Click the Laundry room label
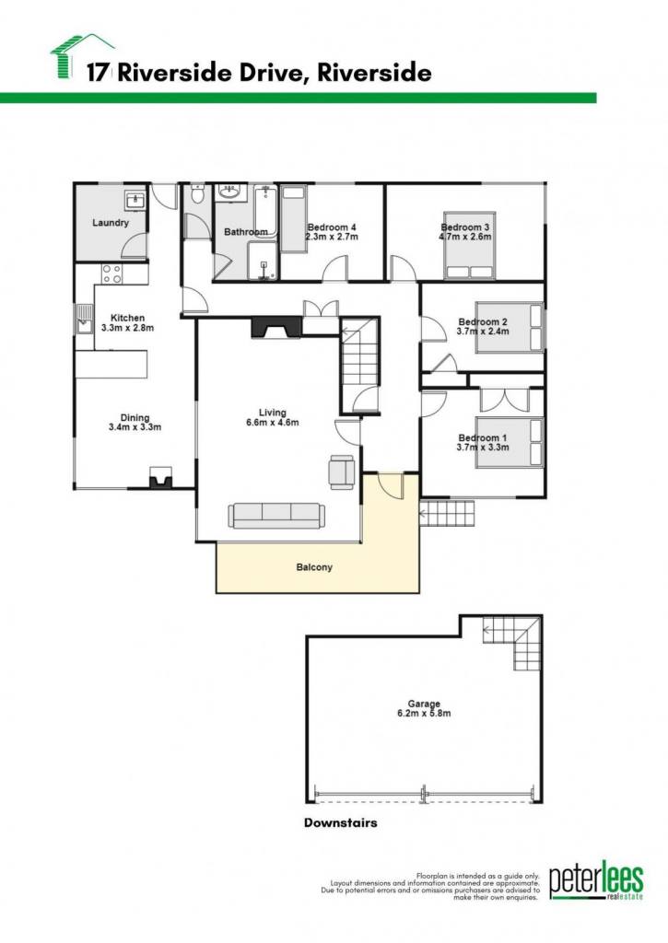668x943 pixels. (x=111, y=223)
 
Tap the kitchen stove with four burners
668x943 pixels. (x=111, y=274)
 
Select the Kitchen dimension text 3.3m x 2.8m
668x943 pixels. (x=127, y=328)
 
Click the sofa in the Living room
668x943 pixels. (x=276, y=516)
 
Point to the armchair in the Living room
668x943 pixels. (x=342, y=471)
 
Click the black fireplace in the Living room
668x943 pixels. (x=275, y=328)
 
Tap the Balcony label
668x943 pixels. (x=314, y=567)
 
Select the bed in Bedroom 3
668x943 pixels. (x=469, y=245)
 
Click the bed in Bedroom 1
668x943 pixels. (x=510, y=442)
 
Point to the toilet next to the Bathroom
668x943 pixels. (x=197, y=195)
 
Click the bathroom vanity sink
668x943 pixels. (x=229, y=192)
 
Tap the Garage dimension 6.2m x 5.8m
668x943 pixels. (x=424, y=714)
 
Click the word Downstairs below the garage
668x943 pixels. (x=341, y=822)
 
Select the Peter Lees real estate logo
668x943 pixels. (x=596, y=879)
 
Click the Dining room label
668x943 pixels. (x=135, y=417)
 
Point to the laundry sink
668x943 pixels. (x=135, y=200)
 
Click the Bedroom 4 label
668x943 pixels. (x=332, y=227)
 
